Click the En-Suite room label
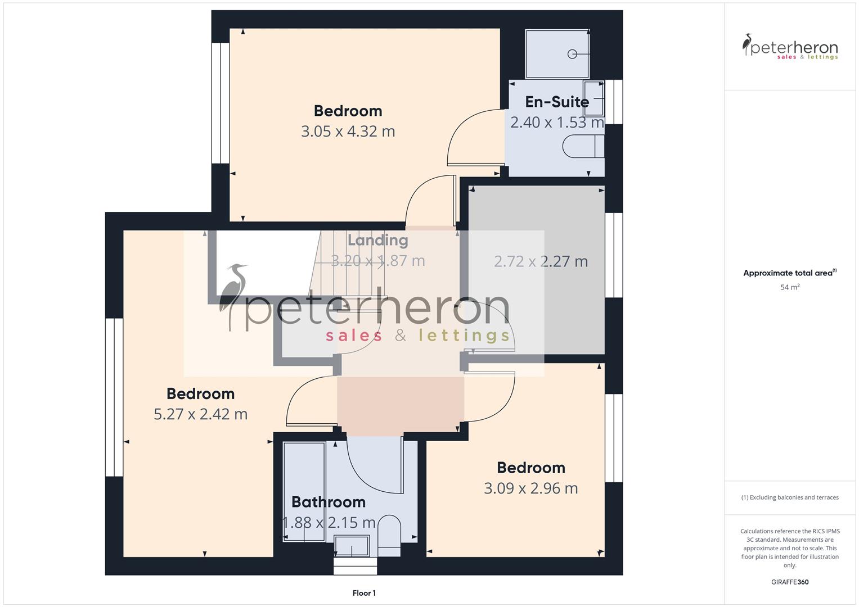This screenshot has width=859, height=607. (557, 102)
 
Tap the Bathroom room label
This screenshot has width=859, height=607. (329, 502)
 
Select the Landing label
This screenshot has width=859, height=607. (377, 240)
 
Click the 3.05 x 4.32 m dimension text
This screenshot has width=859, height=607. (348, 132)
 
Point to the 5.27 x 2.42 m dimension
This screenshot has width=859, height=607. (200, 414)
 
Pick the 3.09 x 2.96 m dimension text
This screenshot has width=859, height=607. (530, 488)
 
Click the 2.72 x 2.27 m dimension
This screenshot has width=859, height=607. (541, 261)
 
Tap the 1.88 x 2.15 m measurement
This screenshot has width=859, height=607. (329, 523)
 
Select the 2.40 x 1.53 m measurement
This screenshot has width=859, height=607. (557, 123)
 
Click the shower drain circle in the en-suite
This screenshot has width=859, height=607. (573, 54)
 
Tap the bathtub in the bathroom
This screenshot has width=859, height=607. (304, 492)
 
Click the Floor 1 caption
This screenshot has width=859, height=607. (364, 593)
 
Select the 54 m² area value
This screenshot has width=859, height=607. (790, 287)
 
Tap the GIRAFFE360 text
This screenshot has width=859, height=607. (790, 582)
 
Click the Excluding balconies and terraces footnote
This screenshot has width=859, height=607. (790, 497)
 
